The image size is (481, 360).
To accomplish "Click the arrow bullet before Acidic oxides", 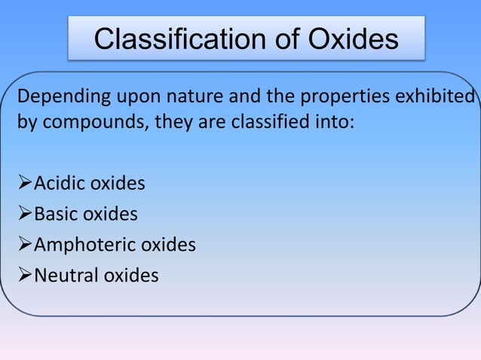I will pos(24,184).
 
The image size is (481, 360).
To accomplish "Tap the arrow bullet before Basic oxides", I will pos(24,215).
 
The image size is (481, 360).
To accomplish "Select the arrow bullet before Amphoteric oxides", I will pos(24,245).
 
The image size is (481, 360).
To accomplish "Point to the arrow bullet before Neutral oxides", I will pos(24,276).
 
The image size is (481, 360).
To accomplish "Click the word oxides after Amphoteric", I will pos(169,245).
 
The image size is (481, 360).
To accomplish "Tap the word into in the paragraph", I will pos(334,121).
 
